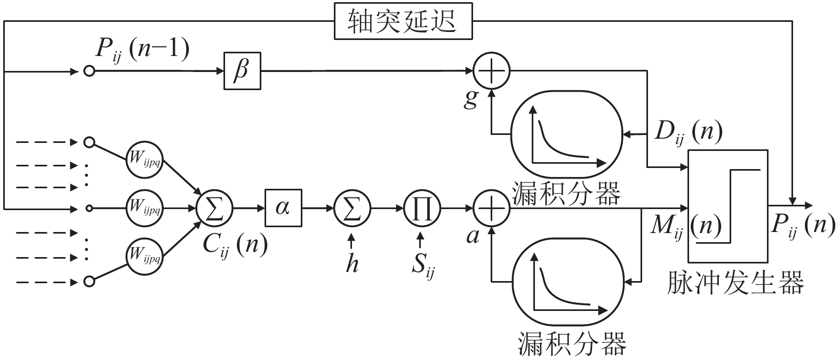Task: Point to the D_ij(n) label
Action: click(689, 133)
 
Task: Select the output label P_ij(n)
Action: click(803, 227)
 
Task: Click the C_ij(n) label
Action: click(235, 246)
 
